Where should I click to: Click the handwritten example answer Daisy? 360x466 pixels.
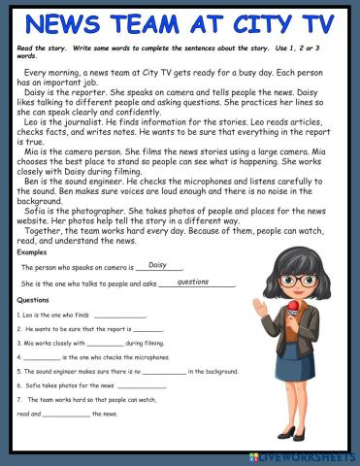[158, 264]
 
